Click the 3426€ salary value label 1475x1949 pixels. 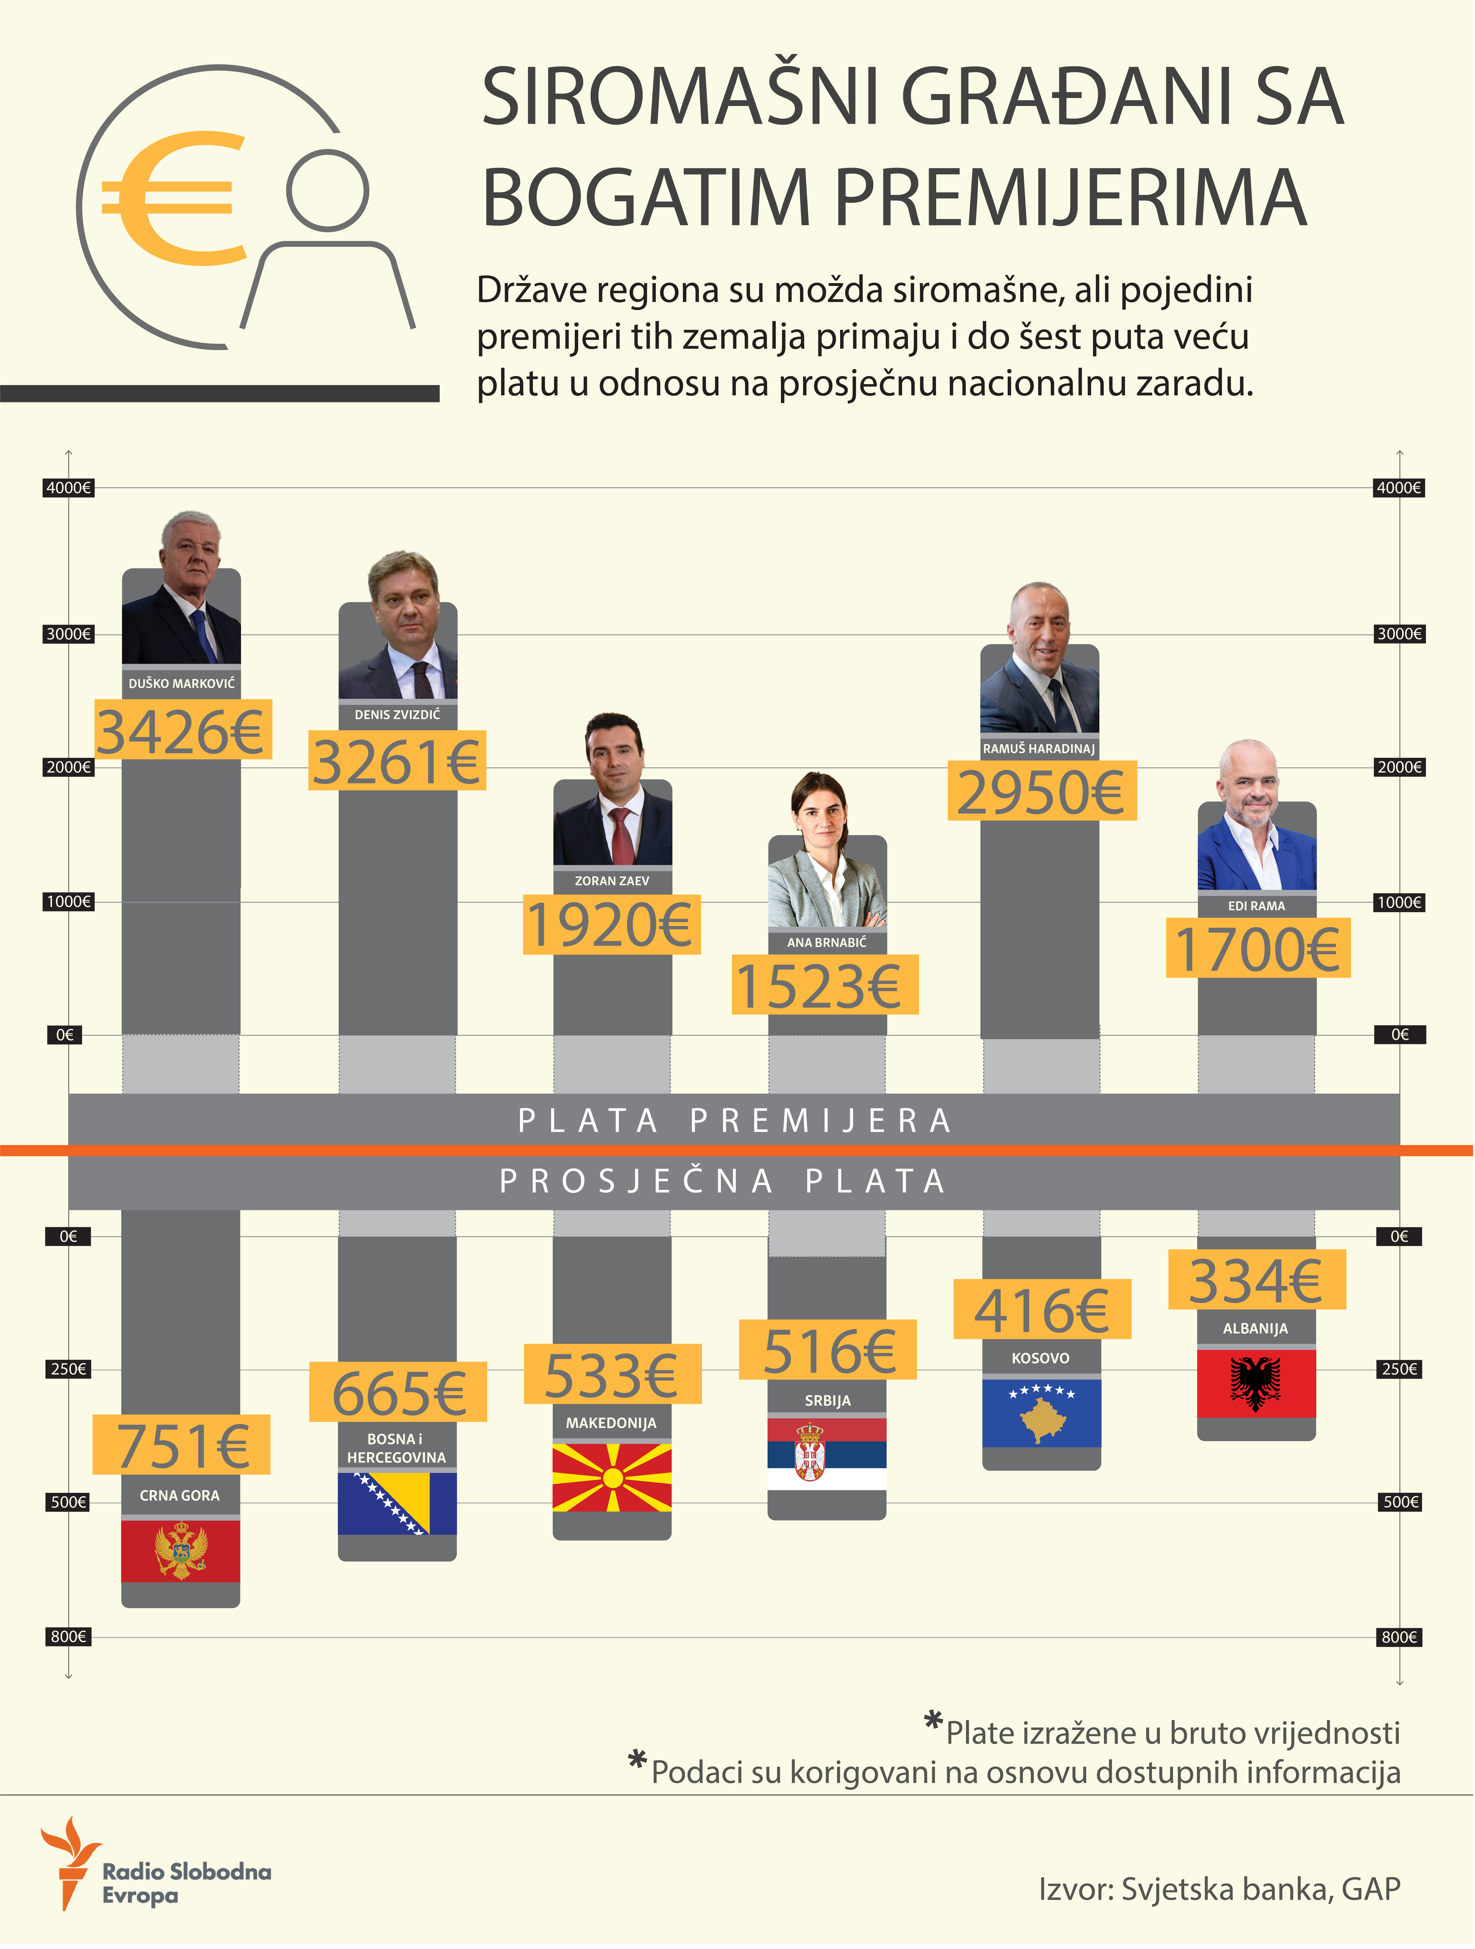point(182,730)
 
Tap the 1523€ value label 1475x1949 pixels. point(825,985)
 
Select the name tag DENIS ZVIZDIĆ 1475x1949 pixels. point(397,715)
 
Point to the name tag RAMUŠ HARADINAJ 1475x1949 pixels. point(1040,748)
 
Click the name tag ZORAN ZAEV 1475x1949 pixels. point(612,880)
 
